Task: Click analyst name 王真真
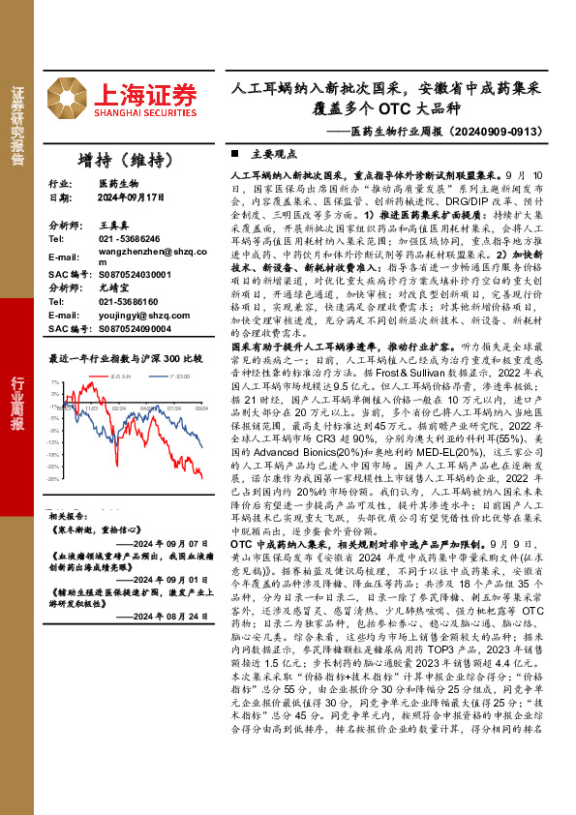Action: (x=113, y=224)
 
